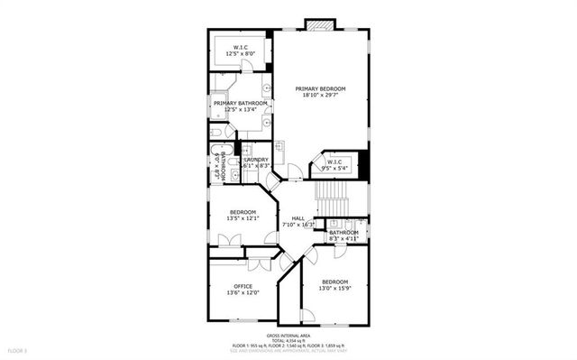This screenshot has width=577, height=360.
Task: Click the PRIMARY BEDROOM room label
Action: [x=320, y=88]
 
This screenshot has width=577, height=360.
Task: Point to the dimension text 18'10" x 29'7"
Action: [x=320, y=96]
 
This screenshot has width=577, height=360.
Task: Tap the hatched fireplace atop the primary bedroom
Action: [x=319, y=23]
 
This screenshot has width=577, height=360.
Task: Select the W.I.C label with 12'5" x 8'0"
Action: [x=241, y=47]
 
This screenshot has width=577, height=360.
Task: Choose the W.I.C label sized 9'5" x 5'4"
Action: [x=334, y=162]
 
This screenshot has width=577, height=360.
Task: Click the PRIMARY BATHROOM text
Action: [x=241, y=104]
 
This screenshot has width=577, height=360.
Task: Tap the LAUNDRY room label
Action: [x=257, y=160]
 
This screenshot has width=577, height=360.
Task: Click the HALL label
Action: [x=298, y=217]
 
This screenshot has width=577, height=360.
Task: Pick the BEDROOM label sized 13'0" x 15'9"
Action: [x=334, y=281]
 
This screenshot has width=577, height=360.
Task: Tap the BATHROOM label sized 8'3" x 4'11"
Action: [x=343, y=233]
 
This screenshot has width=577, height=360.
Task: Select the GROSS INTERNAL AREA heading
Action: [x=288, y=334]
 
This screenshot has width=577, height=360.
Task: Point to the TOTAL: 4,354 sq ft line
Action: [x=288, y=339]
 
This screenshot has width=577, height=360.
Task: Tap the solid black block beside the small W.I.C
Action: [x=364, y=163]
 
